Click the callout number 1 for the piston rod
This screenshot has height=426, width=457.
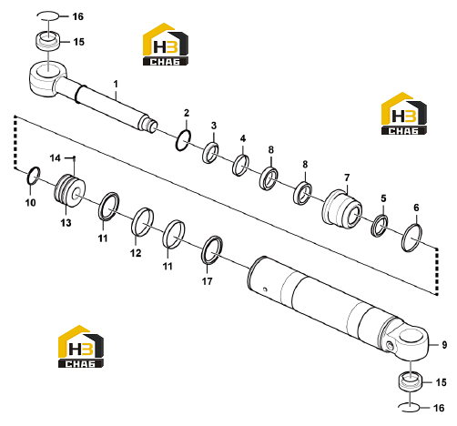(x=116, y=84)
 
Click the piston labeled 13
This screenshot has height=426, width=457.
(x=69, y=191)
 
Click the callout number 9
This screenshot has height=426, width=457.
(x=444, y=345)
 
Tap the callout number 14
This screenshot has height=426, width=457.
(x=56, y=158)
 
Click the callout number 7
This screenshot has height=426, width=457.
(x=347, y=177)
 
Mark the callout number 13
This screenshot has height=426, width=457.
(x=66, y=223)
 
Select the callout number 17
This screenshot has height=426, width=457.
(x=208, y=281)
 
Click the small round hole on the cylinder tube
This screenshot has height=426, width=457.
(x=265, y=289)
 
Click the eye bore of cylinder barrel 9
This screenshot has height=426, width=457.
(x=411, y=337)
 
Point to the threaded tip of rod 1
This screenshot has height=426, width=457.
(x=152, y=126)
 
